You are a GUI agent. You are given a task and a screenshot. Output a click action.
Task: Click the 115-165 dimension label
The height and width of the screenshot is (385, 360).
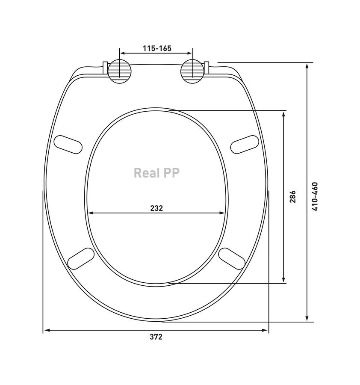click(x=157, y=48)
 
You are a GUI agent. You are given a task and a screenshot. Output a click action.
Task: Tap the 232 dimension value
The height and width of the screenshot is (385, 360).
click(x=156, y=208)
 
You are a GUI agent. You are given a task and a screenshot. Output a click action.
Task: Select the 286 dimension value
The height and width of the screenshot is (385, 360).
click(x=292, y=196)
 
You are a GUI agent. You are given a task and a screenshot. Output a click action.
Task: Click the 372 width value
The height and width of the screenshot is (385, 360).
click(x=156, y=337)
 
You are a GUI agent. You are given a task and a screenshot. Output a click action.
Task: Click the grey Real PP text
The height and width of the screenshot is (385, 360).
click(x=156, y=173)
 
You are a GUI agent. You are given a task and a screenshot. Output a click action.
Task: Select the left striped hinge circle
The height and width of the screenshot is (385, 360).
click(x=120, y=71)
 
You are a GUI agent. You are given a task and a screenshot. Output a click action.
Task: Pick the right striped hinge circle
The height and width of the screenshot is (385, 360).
click(x=192, y=71)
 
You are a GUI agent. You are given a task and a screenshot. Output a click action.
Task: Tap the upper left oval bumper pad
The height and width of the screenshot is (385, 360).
click(x=68, y=145)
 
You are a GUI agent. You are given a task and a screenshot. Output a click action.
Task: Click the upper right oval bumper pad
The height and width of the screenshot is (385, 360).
click(x=245, y=145)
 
